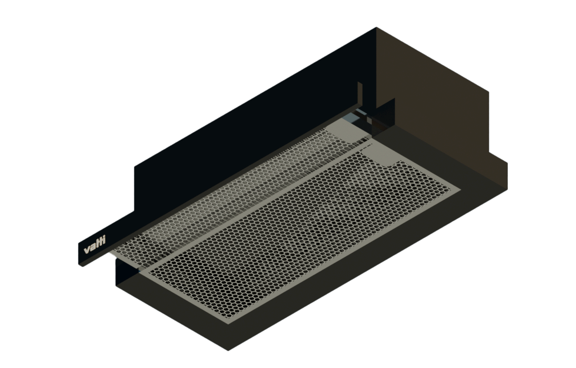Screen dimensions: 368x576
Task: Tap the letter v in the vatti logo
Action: [86, 251]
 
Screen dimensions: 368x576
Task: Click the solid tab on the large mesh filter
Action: [382, 156]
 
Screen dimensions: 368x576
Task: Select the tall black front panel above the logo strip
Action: [256, 113]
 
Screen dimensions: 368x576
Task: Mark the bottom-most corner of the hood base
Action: [229, 351]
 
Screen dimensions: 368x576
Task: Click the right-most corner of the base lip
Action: [507, 163]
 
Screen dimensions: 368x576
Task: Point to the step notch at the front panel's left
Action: [135, 169]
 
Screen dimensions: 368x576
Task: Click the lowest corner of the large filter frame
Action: [226, 321]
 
